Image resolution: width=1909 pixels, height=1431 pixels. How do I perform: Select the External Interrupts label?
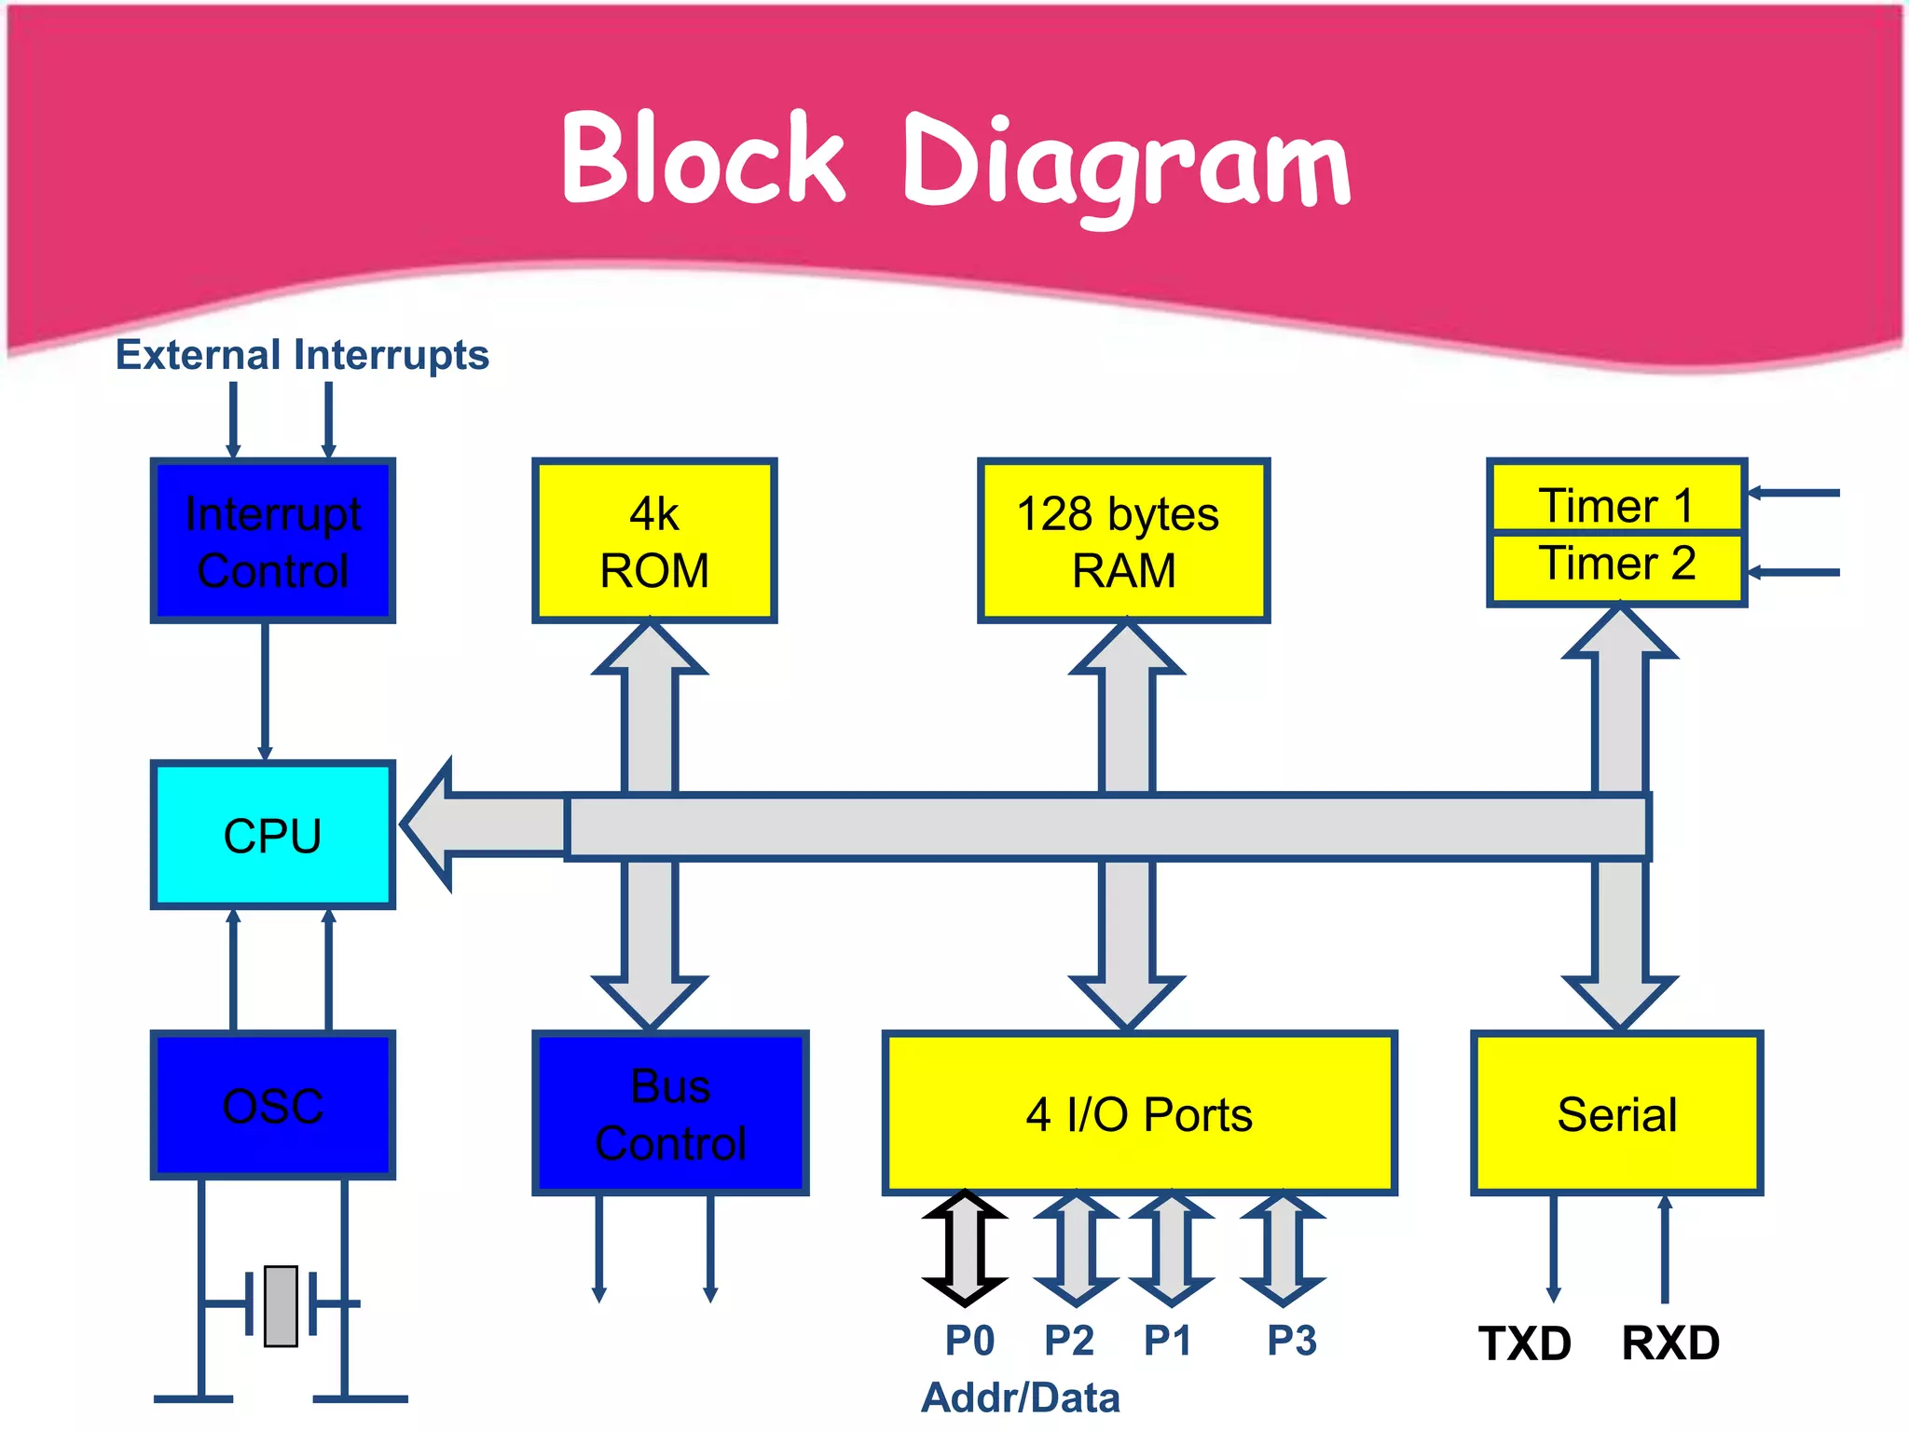[x=302, y=355]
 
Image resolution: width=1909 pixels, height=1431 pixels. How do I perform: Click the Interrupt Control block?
[x=273, y=541]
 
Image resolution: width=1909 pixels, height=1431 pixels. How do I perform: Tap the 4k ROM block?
[x=654, y=541]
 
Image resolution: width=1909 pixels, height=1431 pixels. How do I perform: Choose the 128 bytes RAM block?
[x=1123, y=541]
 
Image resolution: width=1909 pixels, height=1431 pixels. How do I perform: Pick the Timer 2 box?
[x=1616, y=566]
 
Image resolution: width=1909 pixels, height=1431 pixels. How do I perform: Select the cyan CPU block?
[x=273, y=835]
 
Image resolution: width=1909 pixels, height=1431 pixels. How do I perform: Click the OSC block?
[x=273, y=1106]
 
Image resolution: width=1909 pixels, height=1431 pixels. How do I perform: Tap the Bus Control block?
[x=670, y=1114]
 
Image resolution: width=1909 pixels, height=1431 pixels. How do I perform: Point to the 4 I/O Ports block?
[x=1139, y=1114]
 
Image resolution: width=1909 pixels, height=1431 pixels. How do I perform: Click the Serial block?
[x=1616, y=1114]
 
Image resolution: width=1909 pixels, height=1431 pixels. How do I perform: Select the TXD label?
[x=1525, y=1343]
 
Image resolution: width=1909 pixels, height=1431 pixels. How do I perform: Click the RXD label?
[x=1670, y=1343]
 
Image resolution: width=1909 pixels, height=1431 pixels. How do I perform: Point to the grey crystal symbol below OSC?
[x=281, y=1306]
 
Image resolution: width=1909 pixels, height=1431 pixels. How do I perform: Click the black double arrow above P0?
[x=965, y=1248]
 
